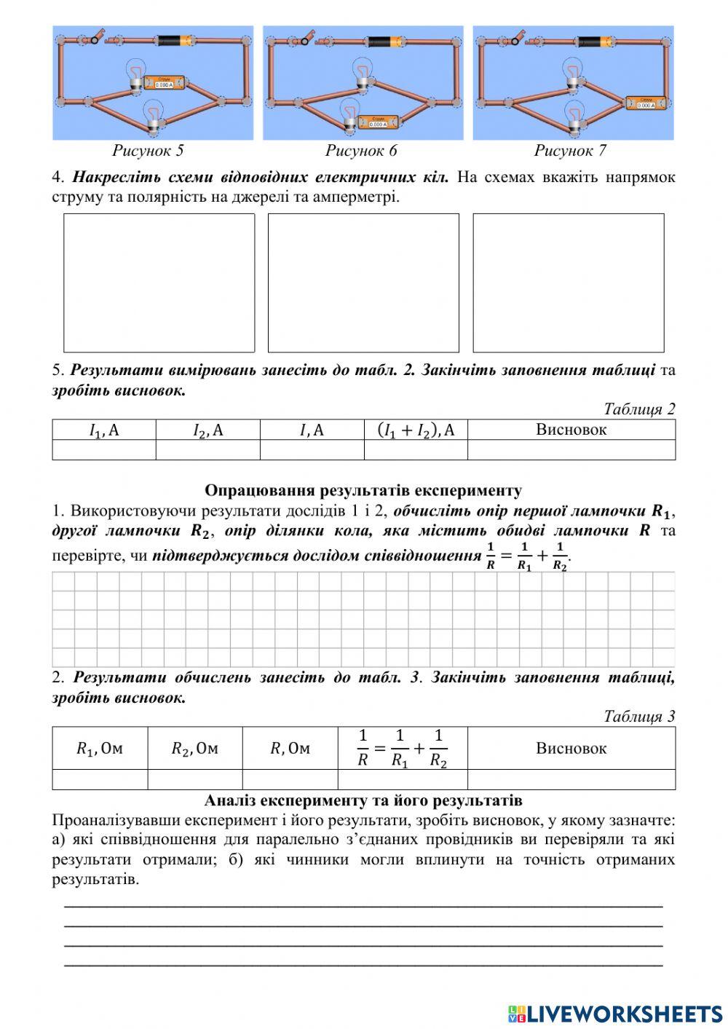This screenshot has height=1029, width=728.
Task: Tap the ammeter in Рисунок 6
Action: tap(377, 121)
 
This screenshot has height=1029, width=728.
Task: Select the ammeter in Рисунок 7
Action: tap(646, 102)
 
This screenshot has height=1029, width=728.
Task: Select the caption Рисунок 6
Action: tap(361, 151)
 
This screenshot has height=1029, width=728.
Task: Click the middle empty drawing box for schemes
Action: tap(363, 283)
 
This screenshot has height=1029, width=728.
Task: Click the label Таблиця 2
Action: tap(639, 409)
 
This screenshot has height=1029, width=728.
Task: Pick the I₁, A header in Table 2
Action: tap(104, 430)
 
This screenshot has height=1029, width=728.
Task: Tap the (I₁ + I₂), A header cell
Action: tap(416, 430)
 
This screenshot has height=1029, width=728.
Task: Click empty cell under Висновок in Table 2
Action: tap(571, 450)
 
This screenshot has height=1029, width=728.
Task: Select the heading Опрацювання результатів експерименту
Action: tap(363, 490)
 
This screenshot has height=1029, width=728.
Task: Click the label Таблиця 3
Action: tap(639, 716)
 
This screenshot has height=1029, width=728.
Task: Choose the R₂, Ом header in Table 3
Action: tap(194, 748)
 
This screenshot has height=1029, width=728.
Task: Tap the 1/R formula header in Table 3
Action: tap(403, 748)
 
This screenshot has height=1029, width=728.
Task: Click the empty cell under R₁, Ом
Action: tap(100, 779)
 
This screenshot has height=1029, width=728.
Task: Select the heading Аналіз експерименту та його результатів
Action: tap(363, 800)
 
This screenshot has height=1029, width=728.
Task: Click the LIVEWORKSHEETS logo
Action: tap(615, 1013)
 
